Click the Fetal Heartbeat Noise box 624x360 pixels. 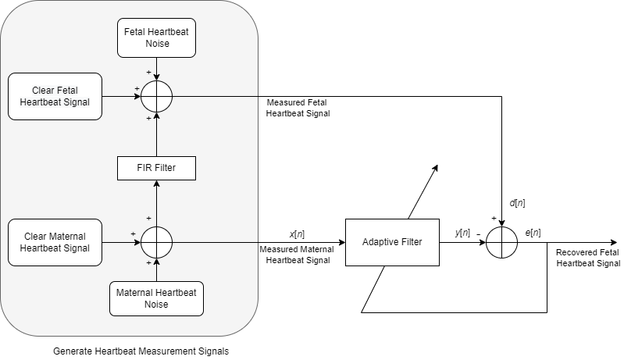[x=156, y=38]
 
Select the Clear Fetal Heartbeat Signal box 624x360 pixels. [x=55, y=96]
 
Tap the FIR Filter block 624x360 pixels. [x=156, y=167]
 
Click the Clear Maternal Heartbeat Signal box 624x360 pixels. [x=55, y=242]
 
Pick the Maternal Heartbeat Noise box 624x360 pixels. [x=156, y=298]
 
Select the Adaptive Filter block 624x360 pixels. [x=392, y=242]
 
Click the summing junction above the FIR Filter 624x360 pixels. [x=156, y=96]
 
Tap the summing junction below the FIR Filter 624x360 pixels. [x=156, y=242]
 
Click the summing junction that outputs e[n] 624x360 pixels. [x=501, y=242]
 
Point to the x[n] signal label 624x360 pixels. [x=298, y=233]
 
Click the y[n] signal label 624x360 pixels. [x=462, y=233]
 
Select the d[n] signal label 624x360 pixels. [x=517, y=203]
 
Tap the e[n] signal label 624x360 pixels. [x=534, y=233]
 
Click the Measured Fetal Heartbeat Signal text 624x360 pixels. [x=298, y=108]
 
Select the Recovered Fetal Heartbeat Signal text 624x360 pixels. [x=588, y=258]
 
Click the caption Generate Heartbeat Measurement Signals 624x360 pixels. [x=141, y=351]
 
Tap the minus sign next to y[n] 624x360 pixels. [x=478, y=233]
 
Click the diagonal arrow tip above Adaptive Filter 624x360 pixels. [x=437, y=166]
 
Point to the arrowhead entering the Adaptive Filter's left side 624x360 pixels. [x=341, y=242]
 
